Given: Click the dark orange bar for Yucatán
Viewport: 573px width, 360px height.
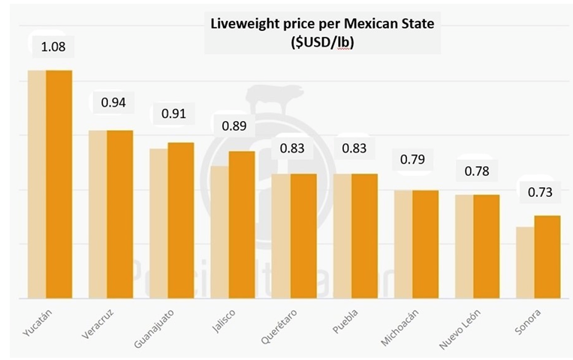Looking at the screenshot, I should click(59, 184).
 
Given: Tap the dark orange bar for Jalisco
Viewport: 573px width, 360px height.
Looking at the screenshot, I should click(242, 225).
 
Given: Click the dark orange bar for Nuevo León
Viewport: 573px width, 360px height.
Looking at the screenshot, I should click(486, 247).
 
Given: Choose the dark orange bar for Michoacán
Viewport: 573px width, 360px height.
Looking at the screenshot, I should click(425, 244).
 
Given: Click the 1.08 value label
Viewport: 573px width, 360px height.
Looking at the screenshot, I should click(53, 47).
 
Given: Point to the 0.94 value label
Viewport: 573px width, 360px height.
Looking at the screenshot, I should click(113, 102).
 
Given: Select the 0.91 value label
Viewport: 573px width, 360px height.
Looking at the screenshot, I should click(174, 115).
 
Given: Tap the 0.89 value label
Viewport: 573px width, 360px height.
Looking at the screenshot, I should click(234, 125).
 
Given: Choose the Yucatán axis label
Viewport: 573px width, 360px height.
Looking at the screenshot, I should click(34, 321).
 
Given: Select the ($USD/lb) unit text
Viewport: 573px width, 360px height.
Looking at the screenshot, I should click(322, 44).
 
